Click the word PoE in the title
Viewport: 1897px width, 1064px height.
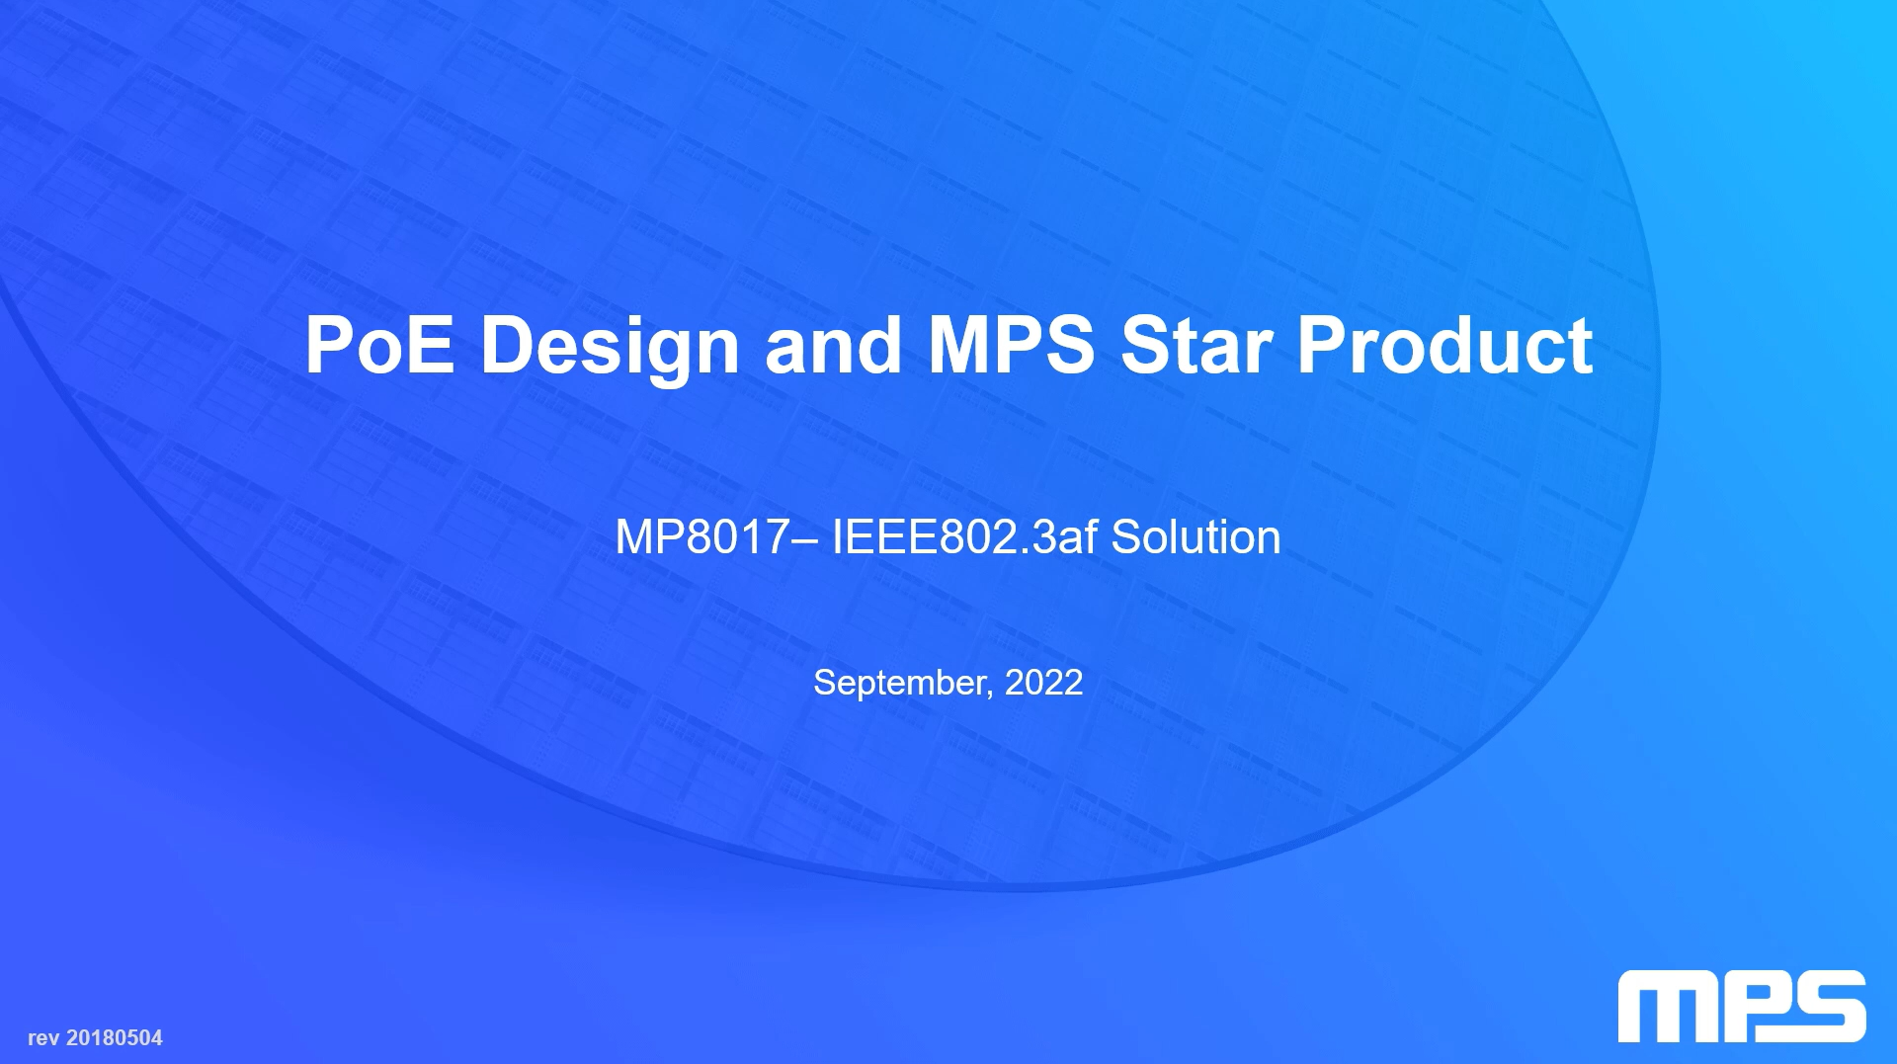pos(380,345)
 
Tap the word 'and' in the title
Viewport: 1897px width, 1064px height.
pos(834,345)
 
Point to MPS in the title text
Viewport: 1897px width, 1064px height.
pos(1012,345)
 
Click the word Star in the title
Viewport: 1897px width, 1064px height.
pos(1196,346)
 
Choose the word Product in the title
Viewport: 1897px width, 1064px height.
pos(1445,345)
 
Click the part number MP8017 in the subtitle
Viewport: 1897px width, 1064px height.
pos(701,537)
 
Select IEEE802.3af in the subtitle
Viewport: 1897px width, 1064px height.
pos(964,537)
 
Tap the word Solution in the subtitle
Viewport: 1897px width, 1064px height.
pos(1196,537)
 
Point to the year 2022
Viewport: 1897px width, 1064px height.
pos(1043,683)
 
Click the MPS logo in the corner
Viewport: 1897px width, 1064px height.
pos(1742,1007)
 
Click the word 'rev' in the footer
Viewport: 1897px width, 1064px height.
pos(43,1039)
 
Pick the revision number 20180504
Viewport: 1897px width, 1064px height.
pos(115,1038)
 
